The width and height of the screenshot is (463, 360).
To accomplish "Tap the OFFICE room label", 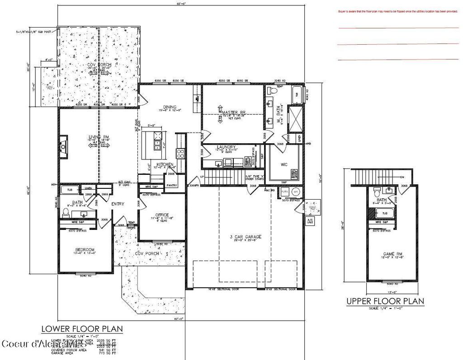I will coord(161,215).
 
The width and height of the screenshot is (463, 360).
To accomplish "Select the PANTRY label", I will coord(171,185).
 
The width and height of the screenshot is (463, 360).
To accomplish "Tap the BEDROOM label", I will coord(85,250).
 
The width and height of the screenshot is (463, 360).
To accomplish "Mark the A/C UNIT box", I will coord(310,222).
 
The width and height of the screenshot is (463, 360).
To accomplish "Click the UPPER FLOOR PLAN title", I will coord(385,301).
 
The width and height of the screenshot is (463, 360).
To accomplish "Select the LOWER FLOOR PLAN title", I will coord(82,328).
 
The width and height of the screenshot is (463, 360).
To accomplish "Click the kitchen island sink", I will coord(157,145).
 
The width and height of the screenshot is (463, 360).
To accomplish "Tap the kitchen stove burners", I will coord(180,154).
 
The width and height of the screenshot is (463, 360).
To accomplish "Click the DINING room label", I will coord(170,107).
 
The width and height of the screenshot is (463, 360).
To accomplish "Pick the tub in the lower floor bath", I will coord(70,190).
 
